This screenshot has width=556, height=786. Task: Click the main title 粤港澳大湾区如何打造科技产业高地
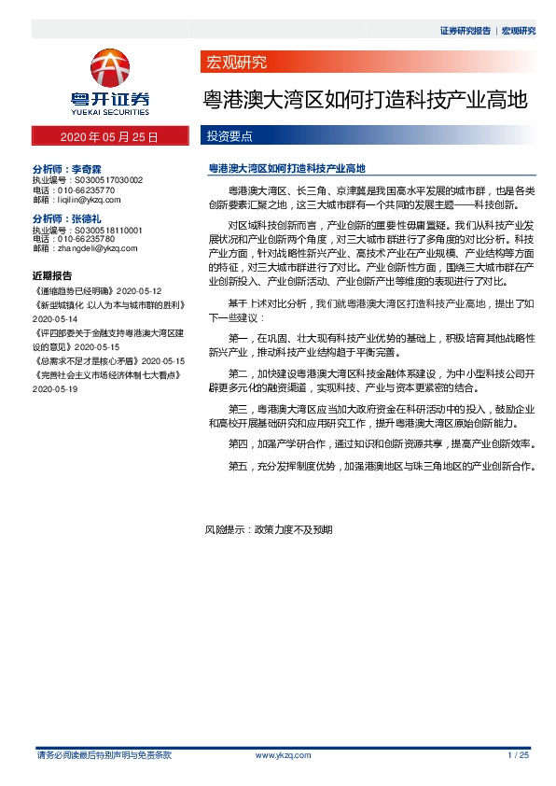point(366,99)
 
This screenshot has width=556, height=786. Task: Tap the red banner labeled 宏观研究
point(235,63)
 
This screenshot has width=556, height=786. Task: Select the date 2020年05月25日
point(109,137)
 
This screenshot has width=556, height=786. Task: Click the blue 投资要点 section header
point(229,137)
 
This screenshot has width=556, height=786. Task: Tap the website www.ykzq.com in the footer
point(283,754)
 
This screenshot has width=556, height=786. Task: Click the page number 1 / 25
point(518,754)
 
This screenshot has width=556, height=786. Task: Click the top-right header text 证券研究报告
point(465,31)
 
